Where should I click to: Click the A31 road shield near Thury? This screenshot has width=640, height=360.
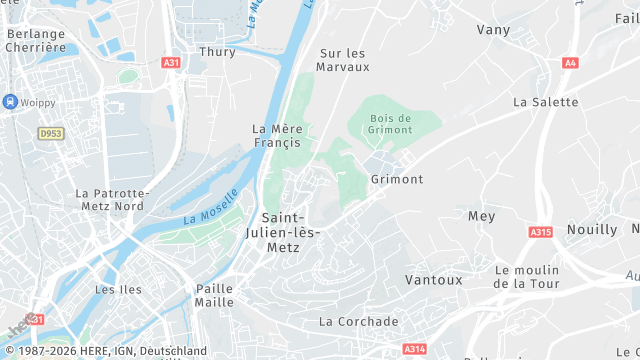(171, 62)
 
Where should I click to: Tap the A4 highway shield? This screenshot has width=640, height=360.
(570, 62)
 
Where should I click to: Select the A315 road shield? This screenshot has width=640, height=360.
(540, 232)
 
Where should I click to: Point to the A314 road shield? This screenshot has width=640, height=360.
(413, 349)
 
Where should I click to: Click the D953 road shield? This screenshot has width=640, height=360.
(50, 133)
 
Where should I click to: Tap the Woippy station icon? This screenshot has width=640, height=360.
(11, 101)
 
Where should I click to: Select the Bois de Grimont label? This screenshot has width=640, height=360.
(390, 124)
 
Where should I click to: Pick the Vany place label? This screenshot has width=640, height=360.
(493, 30)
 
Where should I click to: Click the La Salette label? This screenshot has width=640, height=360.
(545, 102)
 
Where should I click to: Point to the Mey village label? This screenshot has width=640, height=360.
(481, 216)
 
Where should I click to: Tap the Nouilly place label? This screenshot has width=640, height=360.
(592, 229)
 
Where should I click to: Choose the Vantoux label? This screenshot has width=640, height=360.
(434, 280)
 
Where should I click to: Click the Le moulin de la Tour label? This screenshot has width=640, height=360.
(530, 277)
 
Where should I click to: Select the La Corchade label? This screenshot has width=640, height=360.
(358, 322)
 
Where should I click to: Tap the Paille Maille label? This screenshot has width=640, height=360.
(214, 295)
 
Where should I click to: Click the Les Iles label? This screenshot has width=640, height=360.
(118, 289)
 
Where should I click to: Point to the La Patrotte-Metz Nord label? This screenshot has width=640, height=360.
(110, 199)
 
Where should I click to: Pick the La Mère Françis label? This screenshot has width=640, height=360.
(277, 135)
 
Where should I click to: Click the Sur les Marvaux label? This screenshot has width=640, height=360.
(343, 60)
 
